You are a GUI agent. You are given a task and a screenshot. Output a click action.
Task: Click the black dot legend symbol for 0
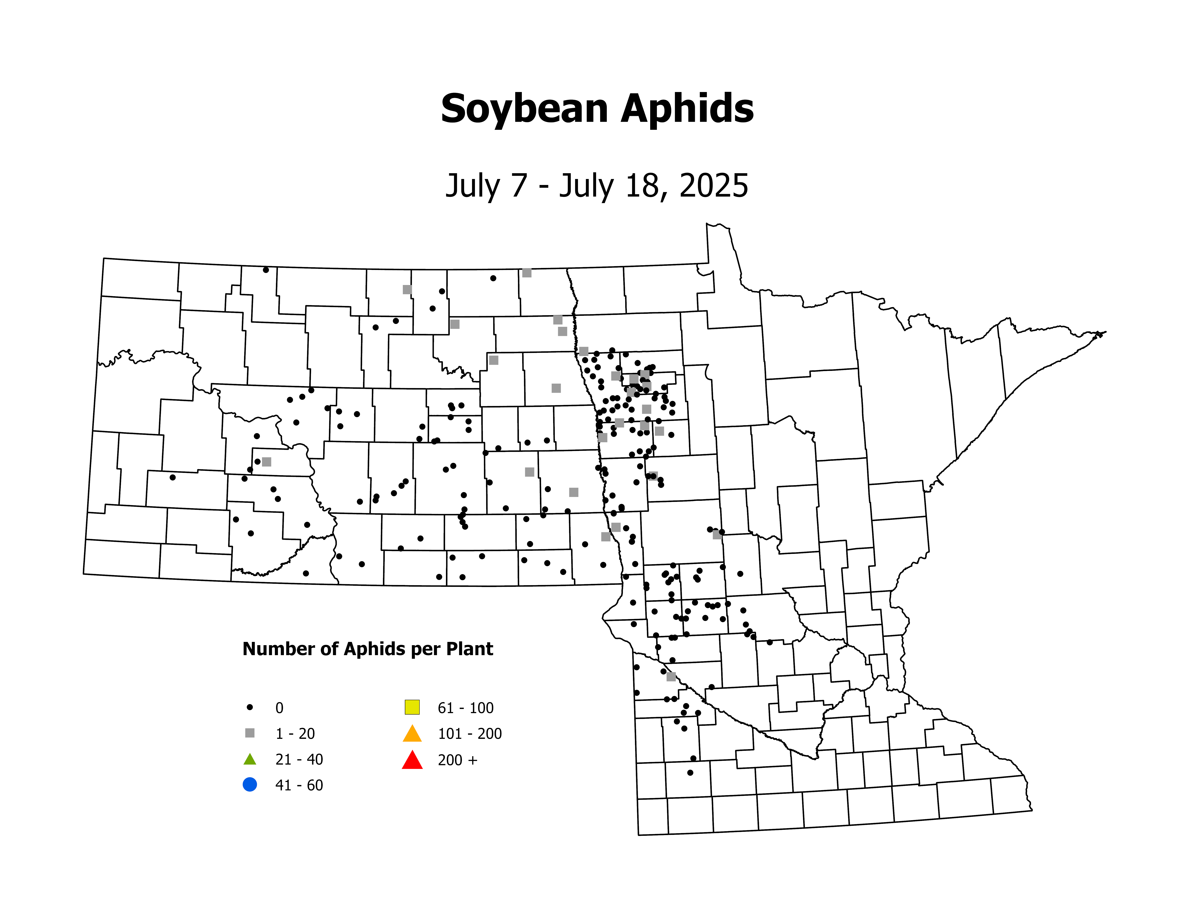[x=250, y=707]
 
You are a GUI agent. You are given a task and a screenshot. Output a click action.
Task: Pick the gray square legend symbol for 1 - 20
[x=250, y=733]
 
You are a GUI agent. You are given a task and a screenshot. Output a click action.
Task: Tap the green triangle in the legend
[x=250, y=759]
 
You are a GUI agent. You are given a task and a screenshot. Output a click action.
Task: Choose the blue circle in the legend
[x=250, y=784]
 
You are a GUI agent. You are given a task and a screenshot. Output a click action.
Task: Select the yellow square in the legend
[x=412, y=707]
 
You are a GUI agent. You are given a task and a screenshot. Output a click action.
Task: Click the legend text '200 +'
[x=457, y=760]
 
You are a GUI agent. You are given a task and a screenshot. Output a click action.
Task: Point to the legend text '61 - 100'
[x=465, y=708]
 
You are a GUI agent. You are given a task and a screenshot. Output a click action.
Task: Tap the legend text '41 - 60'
[x=299, y=785]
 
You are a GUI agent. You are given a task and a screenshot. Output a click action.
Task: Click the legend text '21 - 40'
[x=299, y=759]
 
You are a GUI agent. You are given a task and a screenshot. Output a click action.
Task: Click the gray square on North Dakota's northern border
[x=526, y=273]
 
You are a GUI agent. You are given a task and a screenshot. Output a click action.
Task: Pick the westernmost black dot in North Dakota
[x=172, y=477]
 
